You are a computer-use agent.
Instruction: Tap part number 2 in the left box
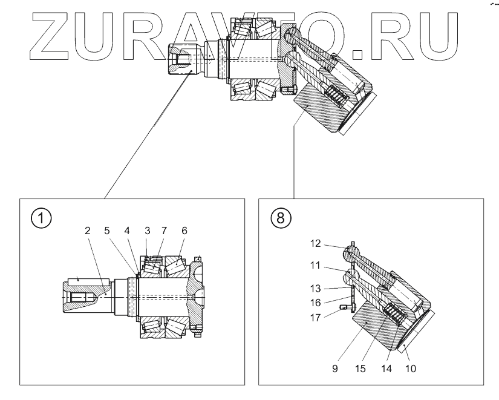[x=87, y=231]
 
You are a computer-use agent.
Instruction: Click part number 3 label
[x=147, y=231]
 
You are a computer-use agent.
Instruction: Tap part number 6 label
[x=184, y=231]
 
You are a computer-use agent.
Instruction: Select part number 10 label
[x=411, y=367]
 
